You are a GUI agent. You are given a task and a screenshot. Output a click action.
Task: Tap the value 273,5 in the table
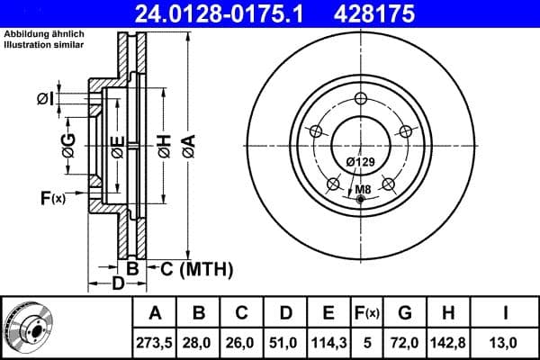155,342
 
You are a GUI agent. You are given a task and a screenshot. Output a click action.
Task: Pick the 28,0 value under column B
200,342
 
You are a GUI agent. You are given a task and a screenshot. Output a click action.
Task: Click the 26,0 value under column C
243,342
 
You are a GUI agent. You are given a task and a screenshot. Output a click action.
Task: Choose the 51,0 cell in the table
286,342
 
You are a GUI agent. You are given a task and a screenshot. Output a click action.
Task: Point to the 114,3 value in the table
329,342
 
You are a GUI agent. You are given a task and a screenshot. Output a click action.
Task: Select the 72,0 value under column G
404,342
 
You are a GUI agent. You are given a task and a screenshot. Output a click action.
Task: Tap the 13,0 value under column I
506,342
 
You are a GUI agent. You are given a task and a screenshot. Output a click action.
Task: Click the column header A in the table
155,313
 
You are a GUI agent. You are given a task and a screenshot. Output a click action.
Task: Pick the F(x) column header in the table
367,313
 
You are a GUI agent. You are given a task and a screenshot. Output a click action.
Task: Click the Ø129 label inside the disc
360,161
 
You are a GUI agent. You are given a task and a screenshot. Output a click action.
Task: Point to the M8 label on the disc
362,189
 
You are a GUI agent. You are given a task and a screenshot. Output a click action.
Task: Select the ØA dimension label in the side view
187,144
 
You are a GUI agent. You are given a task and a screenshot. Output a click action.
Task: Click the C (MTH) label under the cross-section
190,268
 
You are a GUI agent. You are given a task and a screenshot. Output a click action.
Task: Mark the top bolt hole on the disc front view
361,99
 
